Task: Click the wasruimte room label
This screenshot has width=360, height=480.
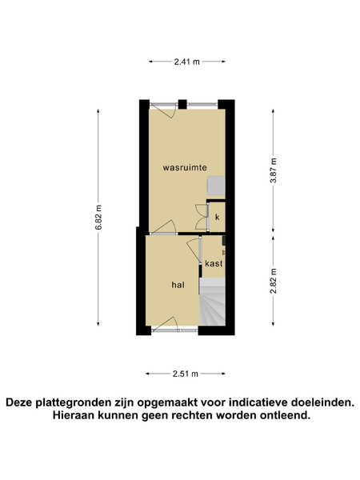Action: tap(185, 168)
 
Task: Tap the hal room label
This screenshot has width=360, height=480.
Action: tap(178, 285)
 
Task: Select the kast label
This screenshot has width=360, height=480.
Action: tap(214, 263)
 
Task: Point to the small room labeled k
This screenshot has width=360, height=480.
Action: tap(217, 217)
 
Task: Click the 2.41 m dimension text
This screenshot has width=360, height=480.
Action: tap(186, 62)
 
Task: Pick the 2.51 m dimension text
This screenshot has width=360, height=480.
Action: tap(186, 374)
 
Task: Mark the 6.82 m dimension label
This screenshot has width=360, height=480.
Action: tap(98, 217)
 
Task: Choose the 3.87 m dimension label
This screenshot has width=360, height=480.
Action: tap(273, 170)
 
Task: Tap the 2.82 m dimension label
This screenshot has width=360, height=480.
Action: tap(273, 281)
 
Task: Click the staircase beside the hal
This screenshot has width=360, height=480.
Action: tap(213, 302)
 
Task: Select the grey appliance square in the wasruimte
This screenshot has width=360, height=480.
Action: tap(216, 186)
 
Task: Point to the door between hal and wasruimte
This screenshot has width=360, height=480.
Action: tap(164, 226)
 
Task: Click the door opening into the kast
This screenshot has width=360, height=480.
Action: tap(194, 251)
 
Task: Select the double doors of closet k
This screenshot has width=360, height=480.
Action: tap(202, 217)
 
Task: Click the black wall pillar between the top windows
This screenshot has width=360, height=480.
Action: tap(182, 104)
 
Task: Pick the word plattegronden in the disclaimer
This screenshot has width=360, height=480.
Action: tap(75, 402)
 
